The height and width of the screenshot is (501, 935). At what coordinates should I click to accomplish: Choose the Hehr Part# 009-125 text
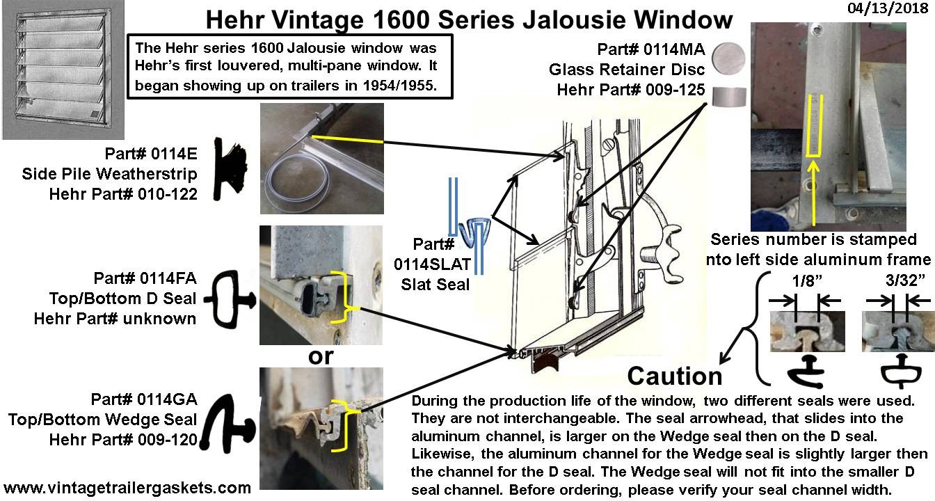point(631,90)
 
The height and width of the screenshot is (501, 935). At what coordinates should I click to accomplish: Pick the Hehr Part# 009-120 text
point(123,440)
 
